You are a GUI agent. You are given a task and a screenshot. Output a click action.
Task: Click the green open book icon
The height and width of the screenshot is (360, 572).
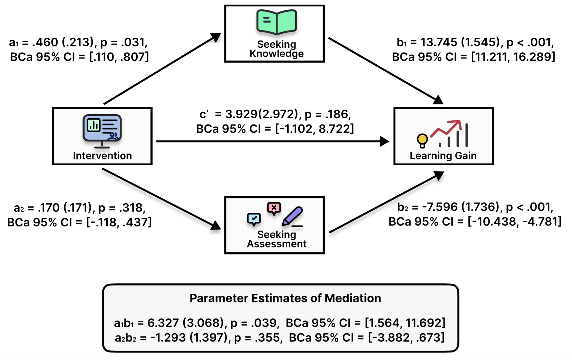click(x=276, y=22)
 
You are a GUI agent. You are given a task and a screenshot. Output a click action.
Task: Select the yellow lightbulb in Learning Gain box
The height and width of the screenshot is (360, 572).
click(x=422, y=140)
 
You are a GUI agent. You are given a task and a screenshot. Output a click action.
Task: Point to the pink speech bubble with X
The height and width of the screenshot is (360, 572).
click(x=274, y=208)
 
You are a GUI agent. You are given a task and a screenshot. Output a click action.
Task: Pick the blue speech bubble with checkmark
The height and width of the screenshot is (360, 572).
click(x=254, y=219)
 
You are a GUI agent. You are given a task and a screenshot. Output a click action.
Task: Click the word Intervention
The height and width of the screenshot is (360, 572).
click(x=102, y=156)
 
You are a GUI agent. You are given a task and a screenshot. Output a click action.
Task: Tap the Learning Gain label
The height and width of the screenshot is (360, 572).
click(x=443, y=156)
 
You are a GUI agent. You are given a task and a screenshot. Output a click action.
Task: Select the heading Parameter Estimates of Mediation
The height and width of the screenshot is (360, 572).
click(x=285, y=298)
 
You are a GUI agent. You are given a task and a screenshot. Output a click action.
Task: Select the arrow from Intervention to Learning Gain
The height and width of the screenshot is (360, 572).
click(x=273, y=141)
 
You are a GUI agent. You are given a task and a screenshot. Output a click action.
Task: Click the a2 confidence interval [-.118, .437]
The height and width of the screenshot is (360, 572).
click(x=119, y=222)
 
